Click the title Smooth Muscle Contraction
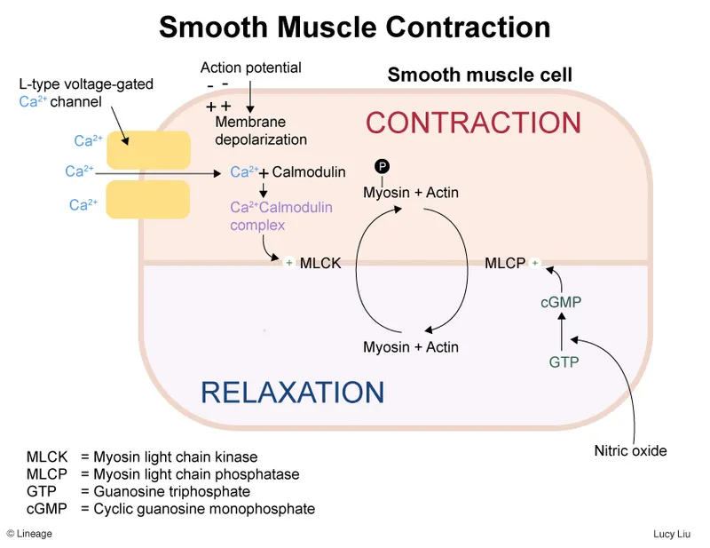(355, 27)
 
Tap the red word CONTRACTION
(473, 123)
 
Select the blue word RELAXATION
(292, 392)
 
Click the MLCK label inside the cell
(321, 263)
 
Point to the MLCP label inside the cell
(505, 263)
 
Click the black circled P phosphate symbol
(383, 167)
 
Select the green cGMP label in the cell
(561, 303)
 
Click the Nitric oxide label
(630, 451)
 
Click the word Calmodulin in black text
(309, 172)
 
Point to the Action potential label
(251, 68)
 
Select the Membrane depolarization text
(261, 131)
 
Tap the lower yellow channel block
(148, 199)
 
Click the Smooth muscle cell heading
(479, 75)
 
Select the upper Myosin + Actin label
(411, 192)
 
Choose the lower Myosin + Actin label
(411, 347)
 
